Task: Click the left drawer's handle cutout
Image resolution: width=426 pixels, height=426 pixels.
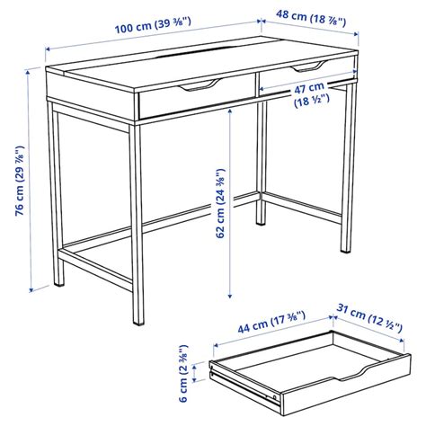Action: pyautogui.click(x=199, y=87)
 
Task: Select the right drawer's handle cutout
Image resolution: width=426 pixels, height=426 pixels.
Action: pyautogui.click(x=306, y=67)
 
